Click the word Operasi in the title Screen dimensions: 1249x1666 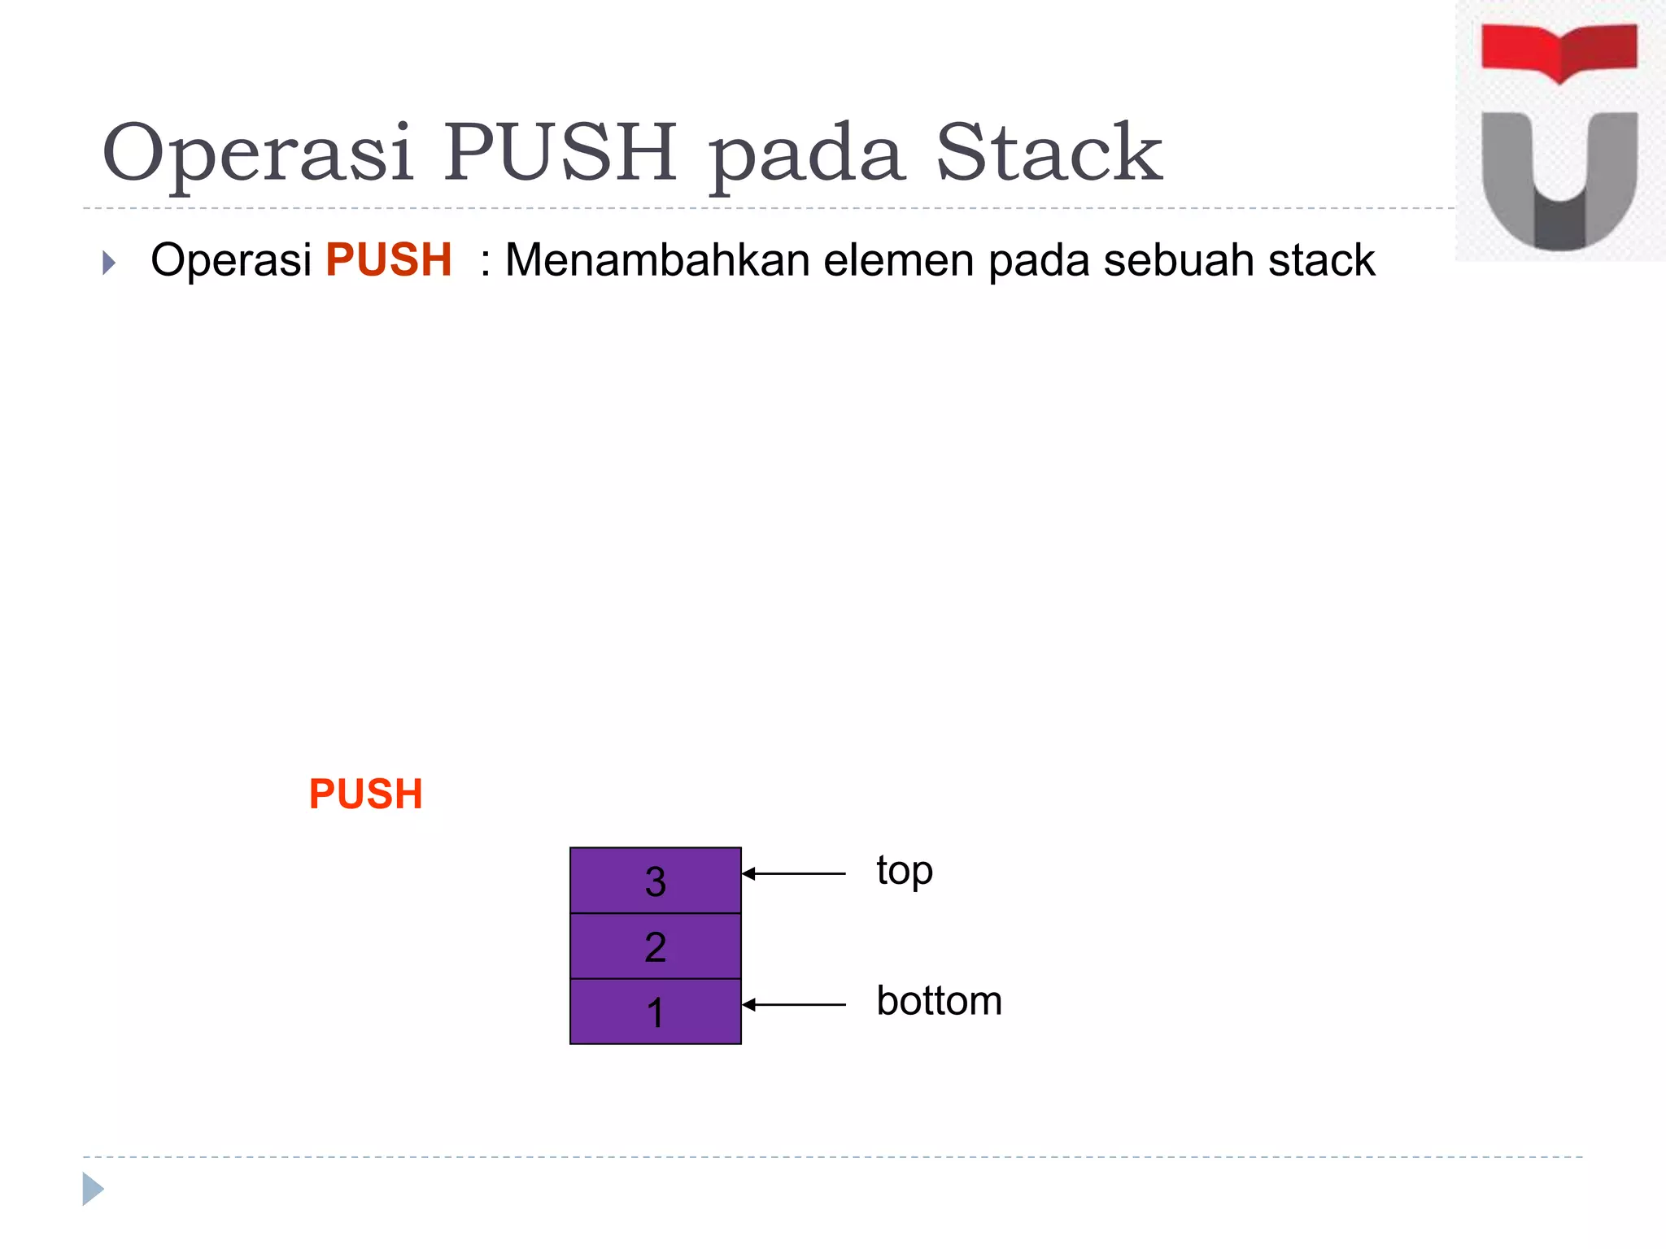pyautogui.click(x=257, y=153)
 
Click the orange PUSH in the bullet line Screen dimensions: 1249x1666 pyautogui.click(x=389, y=260)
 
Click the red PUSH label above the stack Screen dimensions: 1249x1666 pyautogui.click(x=366, y=794)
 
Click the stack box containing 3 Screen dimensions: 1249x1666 pyautogui.click(x=656, y=881)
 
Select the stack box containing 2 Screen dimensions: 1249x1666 pyautogui.click(x=656, y=947)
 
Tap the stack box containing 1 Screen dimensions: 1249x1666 pyautogui.click(x=656, y=1012)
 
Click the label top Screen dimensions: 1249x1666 pyautogui.click(x=905, y=872)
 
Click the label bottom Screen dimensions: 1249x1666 pyautogui.click(x=939, y=1001)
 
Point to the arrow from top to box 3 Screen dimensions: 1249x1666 pyautogui.click(x=794, y=874)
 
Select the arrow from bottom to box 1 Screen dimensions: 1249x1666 pyautogui.click(x=794, y=1005)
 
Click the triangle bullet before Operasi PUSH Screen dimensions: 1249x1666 pyautogui.click(x=109, y=263)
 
